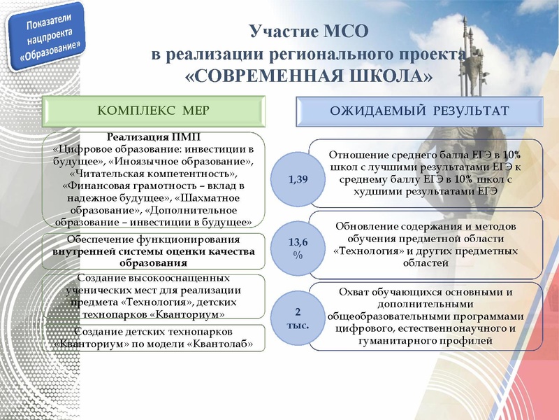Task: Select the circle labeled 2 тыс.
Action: tap(298, 317)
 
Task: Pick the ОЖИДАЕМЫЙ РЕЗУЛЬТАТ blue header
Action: tap(419, 111)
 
